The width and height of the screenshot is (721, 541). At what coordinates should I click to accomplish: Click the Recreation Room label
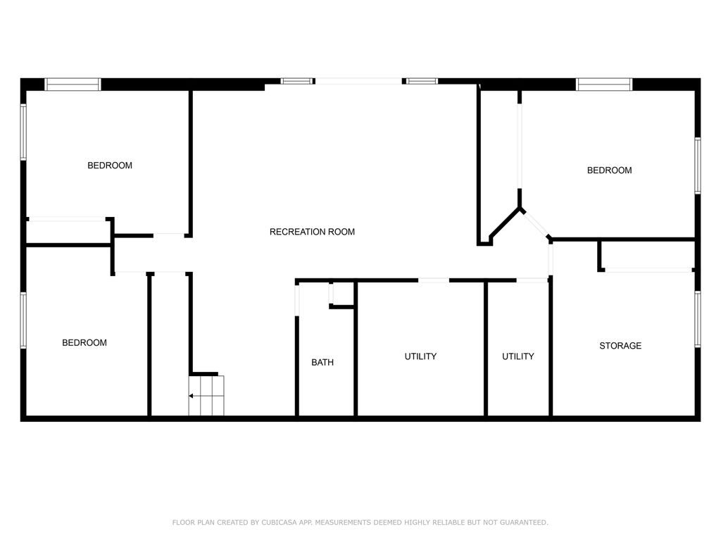pos(312,232)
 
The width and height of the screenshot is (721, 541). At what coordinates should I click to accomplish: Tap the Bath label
pos(322,363)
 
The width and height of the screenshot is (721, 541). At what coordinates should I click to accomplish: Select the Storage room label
pos(620,346)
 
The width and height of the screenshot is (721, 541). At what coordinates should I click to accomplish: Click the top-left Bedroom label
pos(110,166)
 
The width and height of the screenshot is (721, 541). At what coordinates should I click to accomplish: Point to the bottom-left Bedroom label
pos(84,343)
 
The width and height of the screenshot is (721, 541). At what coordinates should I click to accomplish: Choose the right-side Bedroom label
pos(610,170)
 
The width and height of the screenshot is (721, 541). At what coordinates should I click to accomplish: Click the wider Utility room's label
pos(420,356)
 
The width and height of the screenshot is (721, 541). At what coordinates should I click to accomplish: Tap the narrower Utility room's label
pos(518,356)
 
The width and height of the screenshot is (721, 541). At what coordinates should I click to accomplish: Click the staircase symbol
pos(206,396)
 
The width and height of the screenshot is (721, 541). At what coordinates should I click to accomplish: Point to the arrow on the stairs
pos(192,396)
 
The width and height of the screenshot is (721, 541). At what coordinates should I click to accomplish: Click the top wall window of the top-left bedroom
pos(73,85)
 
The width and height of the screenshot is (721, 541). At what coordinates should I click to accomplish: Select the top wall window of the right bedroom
pos(604,85)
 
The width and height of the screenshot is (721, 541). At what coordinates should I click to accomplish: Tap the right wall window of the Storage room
pos(697,319)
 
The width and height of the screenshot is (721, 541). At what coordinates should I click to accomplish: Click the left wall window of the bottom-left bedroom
pos(23,321)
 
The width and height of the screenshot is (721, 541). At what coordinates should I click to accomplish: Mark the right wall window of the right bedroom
pos(697,165)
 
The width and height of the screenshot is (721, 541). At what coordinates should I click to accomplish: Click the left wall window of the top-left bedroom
pos(23,132)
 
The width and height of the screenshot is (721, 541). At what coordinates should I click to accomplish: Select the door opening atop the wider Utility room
pos(434,280)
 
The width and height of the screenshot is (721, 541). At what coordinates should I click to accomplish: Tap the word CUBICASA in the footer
pos(279,523)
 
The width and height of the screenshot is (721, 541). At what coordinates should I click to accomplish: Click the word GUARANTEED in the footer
pos(521,523)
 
